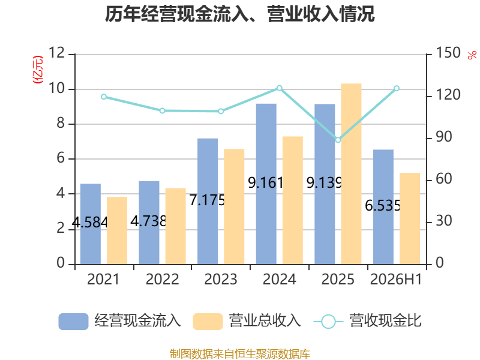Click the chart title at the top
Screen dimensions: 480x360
[x=239, y=14]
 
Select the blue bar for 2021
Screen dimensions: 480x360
[x=91, y=224]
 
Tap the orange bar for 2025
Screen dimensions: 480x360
[x=351, y=174]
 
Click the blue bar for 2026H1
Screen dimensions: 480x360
[x=383, y=207]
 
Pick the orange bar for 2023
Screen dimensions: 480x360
[x=234, y=206]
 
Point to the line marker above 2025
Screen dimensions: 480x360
[x=338, y=140]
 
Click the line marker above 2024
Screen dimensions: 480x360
[x=280, y=88]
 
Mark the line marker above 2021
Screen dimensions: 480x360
[x=104, y=97]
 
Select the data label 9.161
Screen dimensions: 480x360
[x=265, y=183]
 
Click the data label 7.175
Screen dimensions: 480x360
[x=207, y=200]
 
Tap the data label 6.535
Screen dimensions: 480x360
[x=383, y=205]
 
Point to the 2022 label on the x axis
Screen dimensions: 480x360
[x=162, y=279]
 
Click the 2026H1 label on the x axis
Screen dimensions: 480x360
[x=396, y=279]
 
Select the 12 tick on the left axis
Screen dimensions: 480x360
[x=56, y=53]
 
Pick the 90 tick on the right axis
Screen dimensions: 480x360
[x=444, y=137]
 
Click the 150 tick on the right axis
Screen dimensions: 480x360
[x=448, y=53]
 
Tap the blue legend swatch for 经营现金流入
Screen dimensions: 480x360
[x=73, y=322]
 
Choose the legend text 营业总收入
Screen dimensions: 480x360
[x=265, y=321]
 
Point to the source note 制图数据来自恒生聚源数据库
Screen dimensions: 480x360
[x=240, y=353]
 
